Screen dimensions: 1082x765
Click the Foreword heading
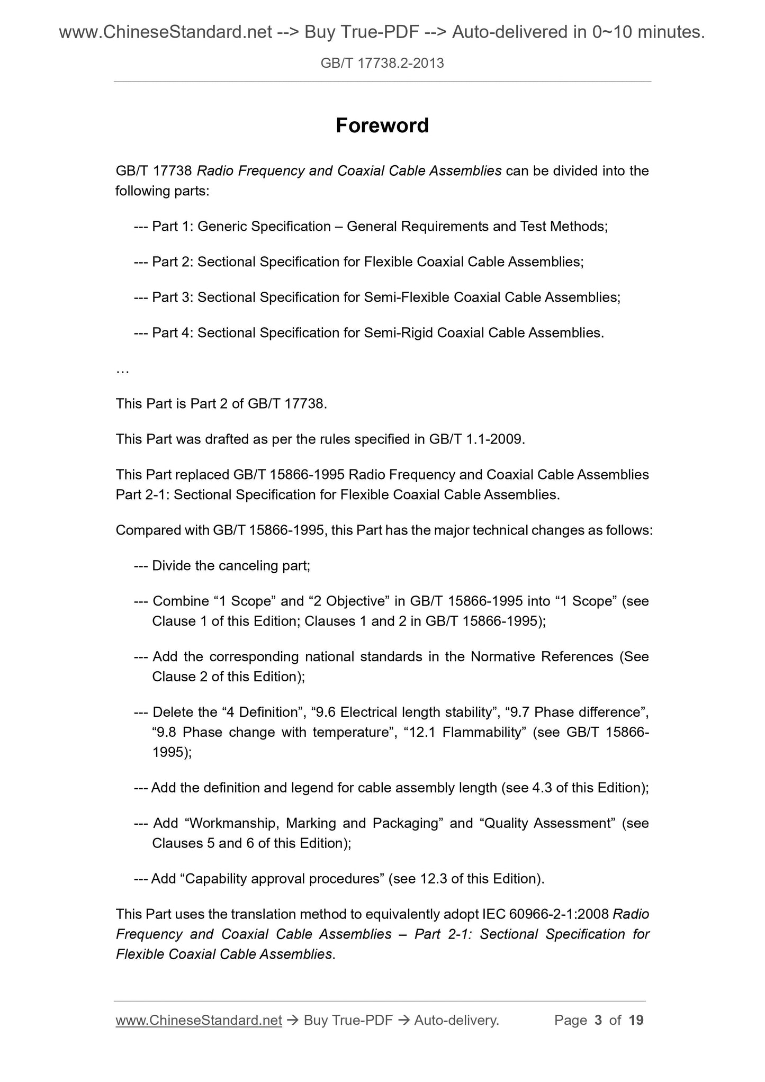(x=382, y=126)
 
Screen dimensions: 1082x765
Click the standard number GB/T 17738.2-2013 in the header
(x=382, y=64)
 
